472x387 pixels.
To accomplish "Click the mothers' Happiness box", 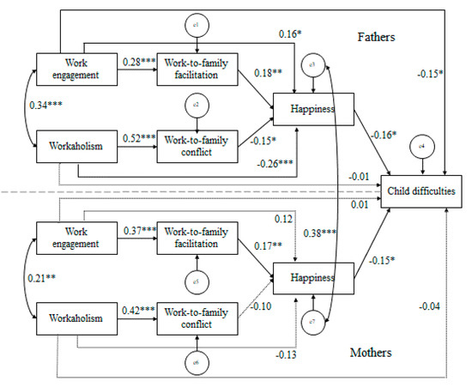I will coord(303,280).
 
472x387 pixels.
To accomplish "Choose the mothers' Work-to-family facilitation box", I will coord(197,241).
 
